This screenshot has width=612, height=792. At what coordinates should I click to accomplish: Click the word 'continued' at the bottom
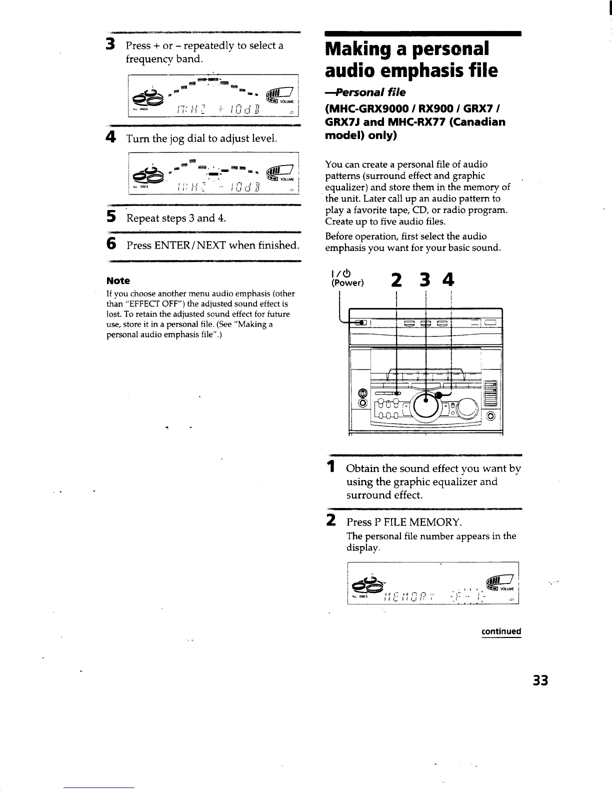501,631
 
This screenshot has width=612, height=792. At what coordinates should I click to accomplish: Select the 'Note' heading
118,280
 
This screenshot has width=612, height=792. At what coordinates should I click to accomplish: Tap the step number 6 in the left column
111,244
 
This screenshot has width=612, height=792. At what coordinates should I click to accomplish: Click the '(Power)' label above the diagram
344,283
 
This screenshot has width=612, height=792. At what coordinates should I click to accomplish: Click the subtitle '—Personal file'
365,92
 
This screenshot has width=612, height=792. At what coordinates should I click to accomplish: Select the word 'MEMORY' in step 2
434,522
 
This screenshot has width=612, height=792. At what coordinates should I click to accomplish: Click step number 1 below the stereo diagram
330,468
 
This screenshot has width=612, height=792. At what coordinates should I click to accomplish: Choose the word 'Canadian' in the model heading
471,122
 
